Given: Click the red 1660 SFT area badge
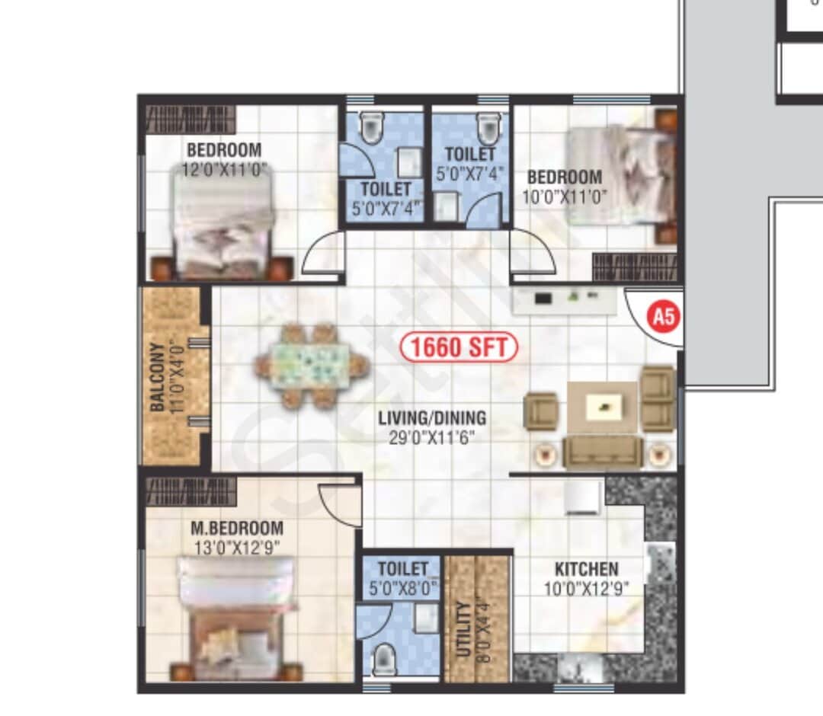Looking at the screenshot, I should click(x=460, y=347).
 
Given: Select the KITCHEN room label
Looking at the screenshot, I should click(x=586, y=569).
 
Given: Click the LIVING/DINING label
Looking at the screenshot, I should click(x=432, y=418).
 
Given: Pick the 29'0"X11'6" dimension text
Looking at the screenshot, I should click(x=432, y=436).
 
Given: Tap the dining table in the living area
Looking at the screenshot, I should click(x=311, y=366).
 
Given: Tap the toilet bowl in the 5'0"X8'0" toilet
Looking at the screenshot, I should click(x=386, y=656).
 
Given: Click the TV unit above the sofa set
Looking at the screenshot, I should click(x=564, y=300).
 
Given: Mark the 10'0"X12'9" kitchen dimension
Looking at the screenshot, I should click(x=586, y=588).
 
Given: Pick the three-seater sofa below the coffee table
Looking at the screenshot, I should click(x=603, y=452).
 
